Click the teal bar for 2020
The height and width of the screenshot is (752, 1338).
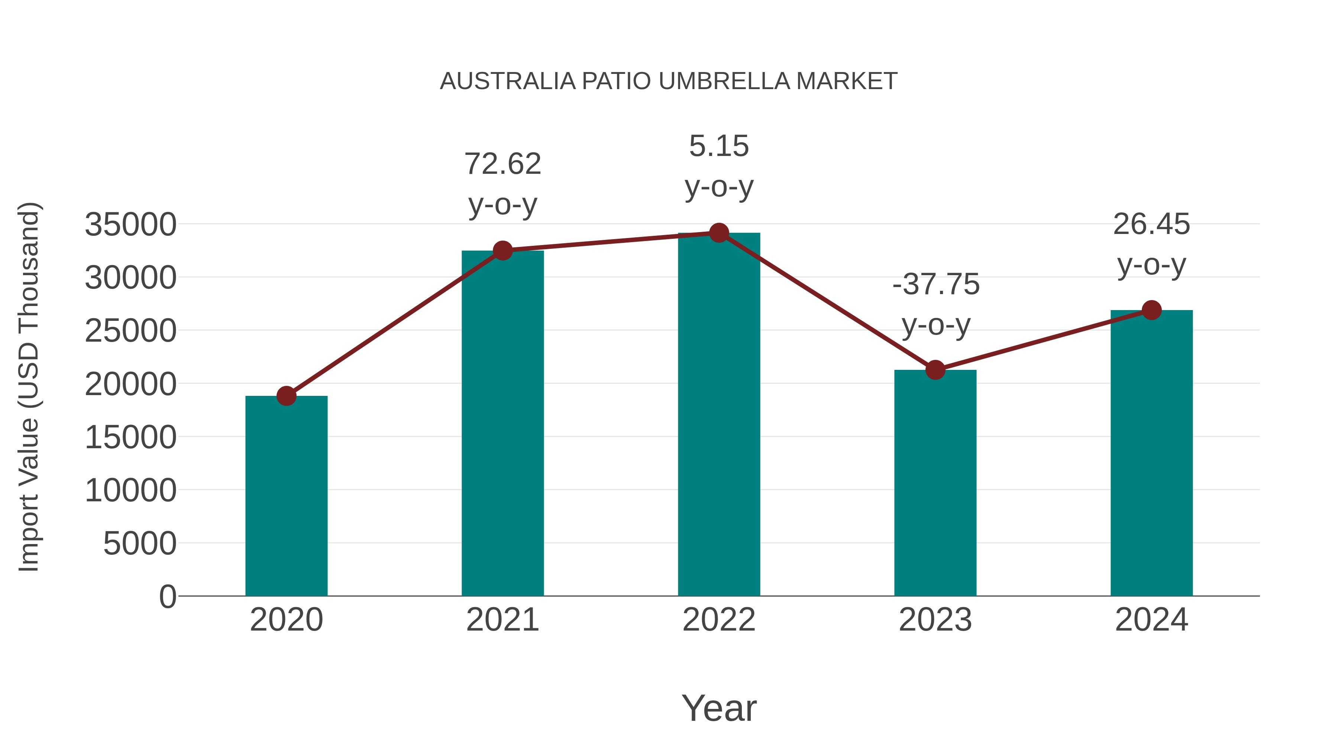click(x=286, y=496)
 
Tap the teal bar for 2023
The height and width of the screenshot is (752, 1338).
click(x=935, y=483)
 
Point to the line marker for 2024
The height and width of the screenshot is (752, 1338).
click(x=1151, y=310)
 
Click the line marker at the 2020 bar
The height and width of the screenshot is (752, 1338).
click(x=286, y=396)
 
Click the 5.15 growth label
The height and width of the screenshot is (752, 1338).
click(x=719, y=146)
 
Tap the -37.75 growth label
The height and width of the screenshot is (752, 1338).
click(x=935, y=284)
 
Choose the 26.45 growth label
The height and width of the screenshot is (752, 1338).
click(x=1151, y=224)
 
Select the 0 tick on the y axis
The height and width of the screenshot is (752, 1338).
click(x=168, y=596)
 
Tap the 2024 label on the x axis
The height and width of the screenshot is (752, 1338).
click(x=1151, y=620)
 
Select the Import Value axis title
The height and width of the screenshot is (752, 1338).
click(x=29, y=387)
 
